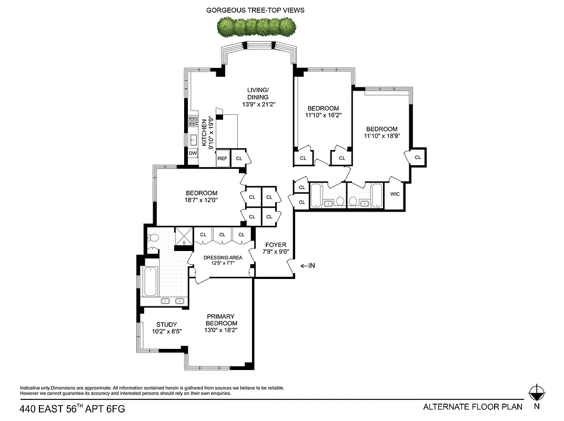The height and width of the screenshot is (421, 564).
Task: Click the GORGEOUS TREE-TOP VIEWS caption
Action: click(x=255, y=10)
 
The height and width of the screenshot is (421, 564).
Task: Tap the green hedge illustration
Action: click(x=256, y=26)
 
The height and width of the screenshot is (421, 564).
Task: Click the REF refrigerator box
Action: click(x=222, y=158)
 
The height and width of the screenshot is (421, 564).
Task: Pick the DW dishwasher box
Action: click(x=193, y=154)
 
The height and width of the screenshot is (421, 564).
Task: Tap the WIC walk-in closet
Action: click(x=395, y=194)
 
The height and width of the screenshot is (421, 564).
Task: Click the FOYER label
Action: click(x=275, y=245)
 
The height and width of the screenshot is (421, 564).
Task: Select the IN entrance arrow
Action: click(x=307, y=266)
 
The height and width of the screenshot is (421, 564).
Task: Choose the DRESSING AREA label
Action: click(x=223, y=257)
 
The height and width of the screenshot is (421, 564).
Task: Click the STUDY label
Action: click(x=166, y=324)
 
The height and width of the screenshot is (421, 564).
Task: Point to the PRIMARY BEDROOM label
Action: click(x=221, y=320)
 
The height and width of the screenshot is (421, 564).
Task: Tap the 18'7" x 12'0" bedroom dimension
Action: click(x=201, y=200)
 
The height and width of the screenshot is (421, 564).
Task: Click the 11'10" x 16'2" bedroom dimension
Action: click(x=323, y=115)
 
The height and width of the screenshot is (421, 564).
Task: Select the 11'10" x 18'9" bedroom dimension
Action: click(x=381, y=136)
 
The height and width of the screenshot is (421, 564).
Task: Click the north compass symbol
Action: click(x=536, y=393)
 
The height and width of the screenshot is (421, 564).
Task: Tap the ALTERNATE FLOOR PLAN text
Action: click(x=472, y=406)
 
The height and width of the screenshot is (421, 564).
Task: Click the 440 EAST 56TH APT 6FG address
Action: click(x=73, y=408)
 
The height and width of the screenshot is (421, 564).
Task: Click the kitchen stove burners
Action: click(x=192, y=122)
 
